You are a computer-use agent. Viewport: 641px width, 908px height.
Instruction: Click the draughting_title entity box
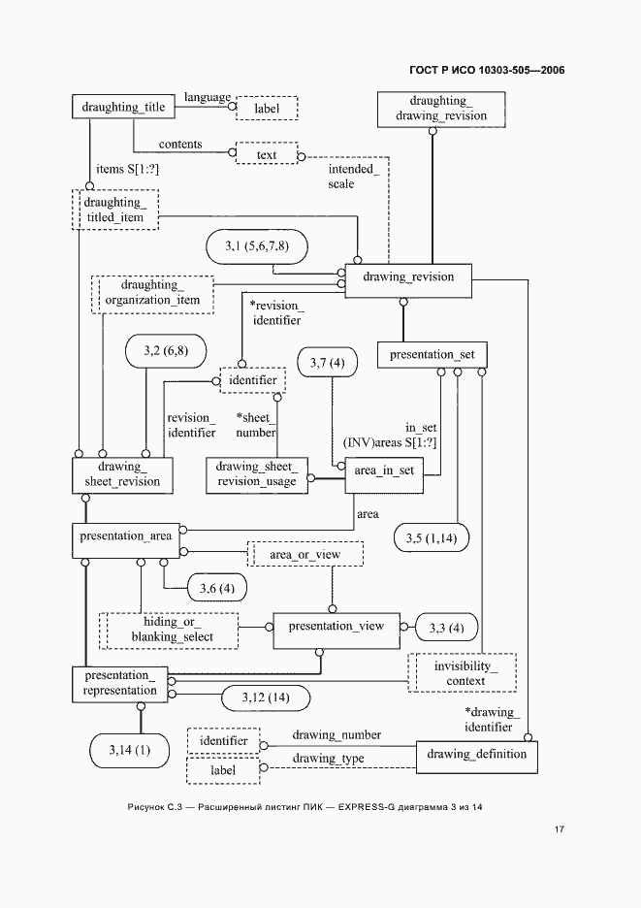[123, 107]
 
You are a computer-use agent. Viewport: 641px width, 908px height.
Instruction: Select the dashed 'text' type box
[267, 153]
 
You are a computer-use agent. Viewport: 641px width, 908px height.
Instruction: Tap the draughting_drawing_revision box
[441, 109]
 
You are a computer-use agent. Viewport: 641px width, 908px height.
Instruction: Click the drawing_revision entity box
[408, 281]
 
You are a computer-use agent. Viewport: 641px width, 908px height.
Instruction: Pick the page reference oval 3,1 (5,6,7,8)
[257, 247]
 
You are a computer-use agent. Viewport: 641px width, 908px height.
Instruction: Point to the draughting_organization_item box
[153, 295]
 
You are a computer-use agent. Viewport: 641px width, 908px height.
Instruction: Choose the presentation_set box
[432, 355]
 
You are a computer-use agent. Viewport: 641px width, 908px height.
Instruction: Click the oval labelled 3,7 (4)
[327, 363]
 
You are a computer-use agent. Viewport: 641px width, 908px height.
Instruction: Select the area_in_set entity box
[384, 475]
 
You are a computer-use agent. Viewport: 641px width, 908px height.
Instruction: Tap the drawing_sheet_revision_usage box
[257, 475]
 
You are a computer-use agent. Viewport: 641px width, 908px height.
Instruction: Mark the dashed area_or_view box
[305, 554]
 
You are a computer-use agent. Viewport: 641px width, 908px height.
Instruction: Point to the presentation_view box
[337, 631]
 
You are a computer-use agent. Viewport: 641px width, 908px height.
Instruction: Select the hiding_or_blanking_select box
[169, 631]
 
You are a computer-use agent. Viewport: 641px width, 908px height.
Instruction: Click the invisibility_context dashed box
[462, 673]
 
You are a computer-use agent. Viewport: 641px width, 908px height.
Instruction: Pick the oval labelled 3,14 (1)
[129, 751]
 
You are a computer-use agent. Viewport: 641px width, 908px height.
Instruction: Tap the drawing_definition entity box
[477, 757]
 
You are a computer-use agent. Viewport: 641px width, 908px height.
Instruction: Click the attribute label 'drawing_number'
[337, 735]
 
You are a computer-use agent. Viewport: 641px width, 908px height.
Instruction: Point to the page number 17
[559, 829]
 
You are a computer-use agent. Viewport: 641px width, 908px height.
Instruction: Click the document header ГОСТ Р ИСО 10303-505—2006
[487, 71]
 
